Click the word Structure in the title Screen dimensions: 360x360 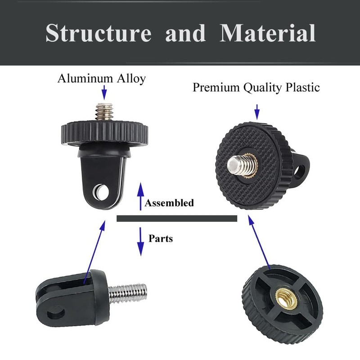pos(98,33)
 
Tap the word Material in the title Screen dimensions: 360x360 pos(267,33)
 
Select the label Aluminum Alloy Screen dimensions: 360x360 pos(102,79)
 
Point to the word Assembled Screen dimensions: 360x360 pos(169,203)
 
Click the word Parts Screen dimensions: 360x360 pos(161,238)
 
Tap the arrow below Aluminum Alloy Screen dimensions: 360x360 pos(104,93)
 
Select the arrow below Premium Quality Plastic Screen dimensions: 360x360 pos(257,111)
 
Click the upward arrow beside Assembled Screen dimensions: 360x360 pos(140,196)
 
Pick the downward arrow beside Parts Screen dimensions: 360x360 pos(140,241)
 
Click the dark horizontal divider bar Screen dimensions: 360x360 pos(176,219)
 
